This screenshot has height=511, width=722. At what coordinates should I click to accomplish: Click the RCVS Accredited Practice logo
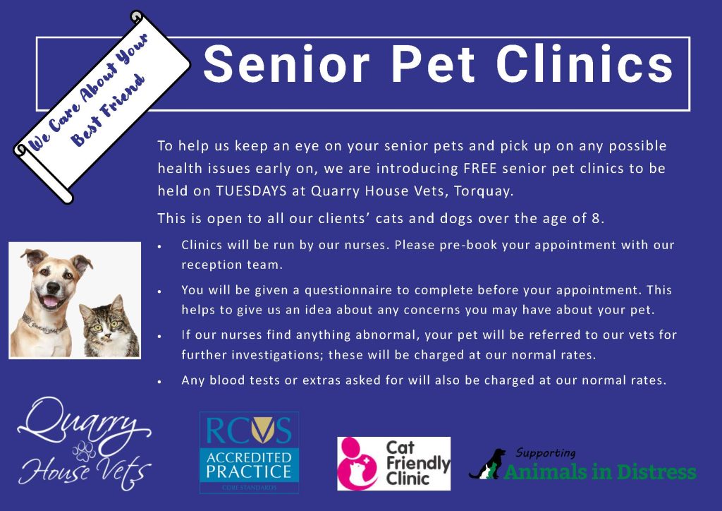pos(249,452)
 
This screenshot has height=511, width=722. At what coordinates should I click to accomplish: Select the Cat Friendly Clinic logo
pos(393,462)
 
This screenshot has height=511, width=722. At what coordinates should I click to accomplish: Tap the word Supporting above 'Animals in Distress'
pos(546,452)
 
